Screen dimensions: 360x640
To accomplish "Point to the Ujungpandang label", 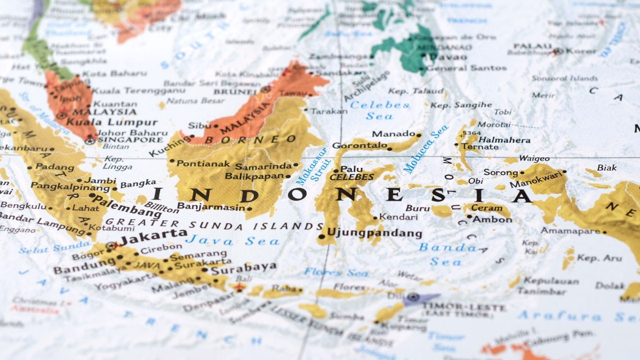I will (374, 234).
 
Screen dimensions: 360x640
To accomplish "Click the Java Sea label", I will (233, 241).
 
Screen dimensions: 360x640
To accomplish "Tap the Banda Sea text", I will (447, 254).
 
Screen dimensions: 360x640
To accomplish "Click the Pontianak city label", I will (203, 164).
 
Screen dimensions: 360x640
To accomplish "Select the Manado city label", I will (394, 134).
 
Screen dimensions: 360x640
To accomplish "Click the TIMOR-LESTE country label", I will (463, 308).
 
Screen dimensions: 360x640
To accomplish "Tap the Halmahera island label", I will (505, 140).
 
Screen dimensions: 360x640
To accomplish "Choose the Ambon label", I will (492, 219).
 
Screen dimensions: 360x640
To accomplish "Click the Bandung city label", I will (84, 265).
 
